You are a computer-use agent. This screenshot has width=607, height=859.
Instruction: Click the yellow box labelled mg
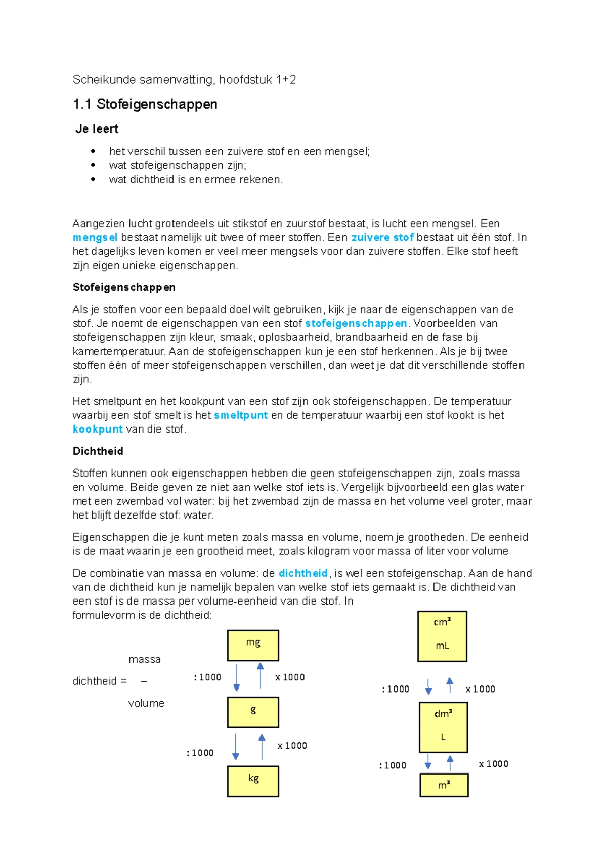click(253, 645)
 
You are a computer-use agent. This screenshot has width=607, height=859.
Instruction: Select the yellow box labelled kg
click(253, 781)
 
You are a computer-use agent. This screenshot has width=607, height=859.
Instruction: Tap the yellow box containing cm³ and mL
click(442, 636)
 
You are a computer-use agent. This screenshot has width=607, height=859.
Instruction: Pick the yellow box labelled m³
click(444, 785)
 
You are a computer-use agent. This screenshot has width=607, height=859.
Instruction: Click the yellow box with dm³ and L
click(443, 727)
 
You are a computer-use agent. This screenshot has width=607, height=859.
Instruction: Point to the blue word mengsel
click(95, 237)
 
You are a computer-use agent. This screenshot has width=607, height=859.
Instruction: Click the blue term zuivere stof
click(382, 237)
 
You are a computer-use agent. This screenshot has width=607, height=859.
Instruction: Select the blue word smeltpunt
click(241, 415)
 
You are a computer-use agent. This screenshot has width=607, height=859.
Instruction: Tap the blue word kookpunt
click(98, 430)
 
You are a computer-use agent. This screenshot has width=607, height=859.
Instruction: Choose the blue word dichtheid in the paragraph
click(303, 573)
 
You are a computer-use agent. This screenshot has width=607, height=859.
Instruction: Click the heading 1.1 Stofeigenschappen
click(145, 104)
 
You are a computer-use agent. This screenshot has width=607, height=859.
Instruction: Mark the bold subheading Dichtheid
click(98, 451)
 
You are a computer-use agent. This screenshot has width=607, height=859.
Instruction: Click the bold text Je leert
click(97, 129)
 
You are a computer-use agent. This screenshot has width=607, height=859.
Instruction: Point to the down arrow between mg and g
click(236, 677)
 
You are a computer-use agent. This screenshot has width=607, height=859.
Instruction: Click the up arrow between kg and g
click(262, 747)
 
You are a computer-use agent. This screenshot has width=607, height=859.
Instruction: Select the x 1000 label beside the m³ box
click(493, 764)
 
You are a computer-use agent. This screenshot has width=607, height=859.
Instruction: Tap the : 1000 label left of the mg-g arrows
click(207, 677)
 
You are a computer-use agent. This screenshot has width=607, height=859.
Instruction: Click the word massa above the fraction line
click(145, 659)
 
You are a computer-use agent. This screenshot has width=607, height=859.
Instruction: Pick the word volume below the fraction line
click(146, 703)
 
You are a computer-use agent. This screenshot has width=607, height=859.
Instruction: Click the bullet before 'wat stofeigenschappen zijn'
click(93, 165)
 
